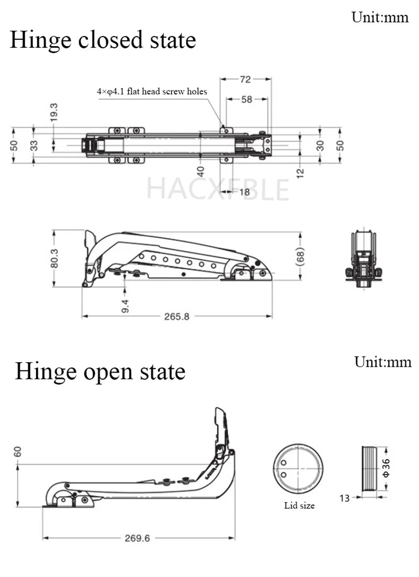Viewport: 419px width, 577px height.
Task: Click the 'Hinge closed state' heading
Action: click(x=103, y=40)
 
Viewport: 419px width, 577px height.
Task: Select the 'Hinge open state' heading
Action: click(x=100, y=372)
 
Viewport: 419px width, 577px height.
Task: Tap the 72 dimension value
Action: click(x=245, y=80)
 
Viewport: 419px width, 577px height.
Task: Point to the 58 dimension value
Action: click(x=247, y=99)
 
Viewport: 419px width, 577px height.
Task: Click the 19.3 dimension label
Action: click(x=53, y=113)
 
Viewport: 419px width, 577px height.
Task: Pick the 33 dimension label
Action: click(x=34, y=145)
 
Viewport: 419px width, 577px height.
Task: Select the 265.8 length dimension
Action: click(x=177, y=317)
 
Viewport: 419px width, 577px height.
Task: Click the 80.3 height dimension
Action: click(x=54, y=258)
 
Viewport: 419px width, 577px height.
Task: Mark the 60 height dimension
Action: click(x=18, y=451)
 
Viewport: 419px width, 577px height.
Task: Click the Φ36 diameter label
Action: click(x=386, y=467)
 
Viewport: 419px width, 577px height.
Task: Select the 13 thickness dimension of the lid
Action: click(x=344, y=498)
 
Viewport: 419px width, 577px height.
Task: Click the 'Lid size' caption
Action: click(x=299, y=506)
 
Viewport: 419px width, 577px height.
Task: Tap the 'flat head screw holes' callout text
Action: click(x=152, y=92)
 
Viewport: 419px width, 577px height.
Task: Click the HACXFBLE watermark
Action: click(x=217, y=189)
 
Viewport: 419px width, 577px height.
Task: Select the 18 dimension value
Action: click(x=244, y=192)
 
